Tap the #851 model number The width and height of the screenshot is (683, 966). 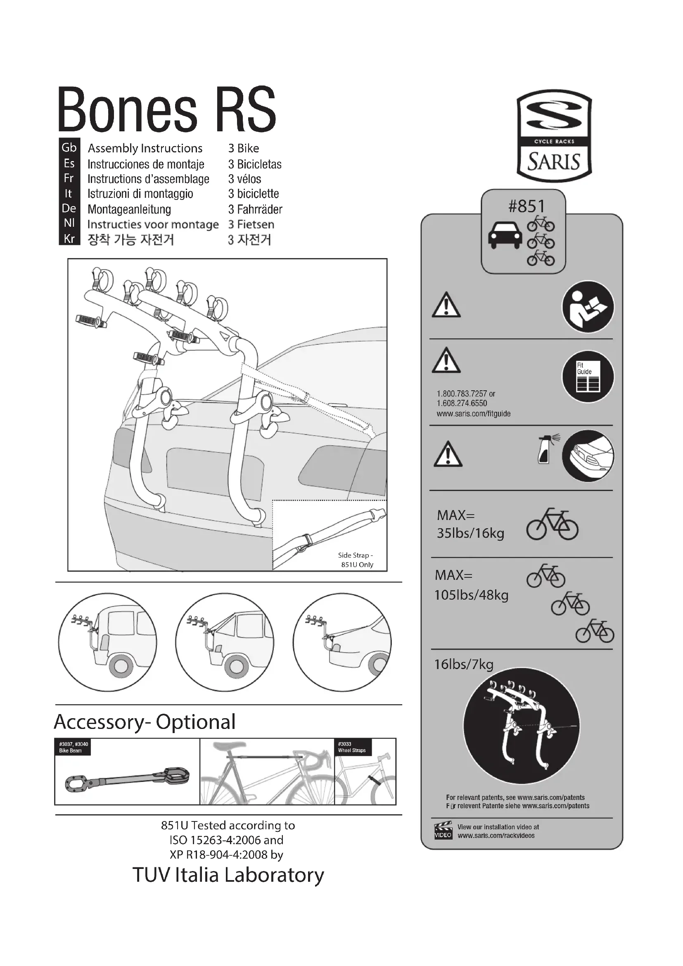coord(526,206)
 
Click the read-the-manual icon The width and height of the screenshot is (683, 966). coord(588,307)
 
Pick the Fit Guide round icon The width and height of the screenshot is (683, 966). coord(588,377)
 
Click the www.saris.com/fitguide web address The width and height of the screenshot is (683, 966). coord(473,413)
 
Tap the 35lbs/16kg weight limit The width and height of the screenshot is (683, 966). coord(470,534)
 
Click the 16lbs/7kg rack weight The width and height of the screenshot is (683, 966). coord(463,665)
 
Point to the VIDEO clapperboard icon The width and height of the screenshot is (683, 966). coord(443,830)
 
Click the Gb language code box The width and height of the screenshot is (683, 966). coord(69,148)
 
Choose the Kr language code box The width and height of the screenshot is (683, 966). coord(69,239)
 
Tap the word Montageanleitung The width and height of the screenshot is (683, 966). coord(129,209)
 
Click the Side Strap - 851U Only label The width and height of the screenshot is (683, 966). coord(356,560)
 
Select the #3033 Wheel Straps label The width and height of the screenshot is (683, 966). coord(352,747)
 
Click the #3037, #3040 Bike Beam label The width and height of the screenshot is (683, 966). coord(73,747)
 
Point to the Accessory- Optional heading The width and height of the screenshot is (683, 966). coord(145,722)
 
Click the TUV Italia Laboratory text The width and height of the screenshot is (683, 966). coord(228,875)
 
